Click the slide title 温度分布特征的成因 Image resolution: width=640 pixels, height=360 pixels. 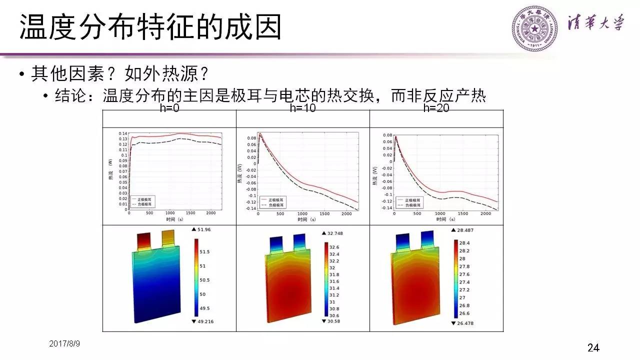point(150,27)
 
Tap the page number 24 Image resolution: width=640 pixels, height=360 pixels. point(593,347)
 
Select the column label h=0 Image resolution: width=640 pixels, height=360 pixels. point(169,108)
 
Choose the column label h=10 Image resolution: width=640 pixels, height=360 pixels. point(302,108)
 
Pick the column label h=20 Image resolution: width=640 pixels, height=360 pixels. point(436,108)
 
